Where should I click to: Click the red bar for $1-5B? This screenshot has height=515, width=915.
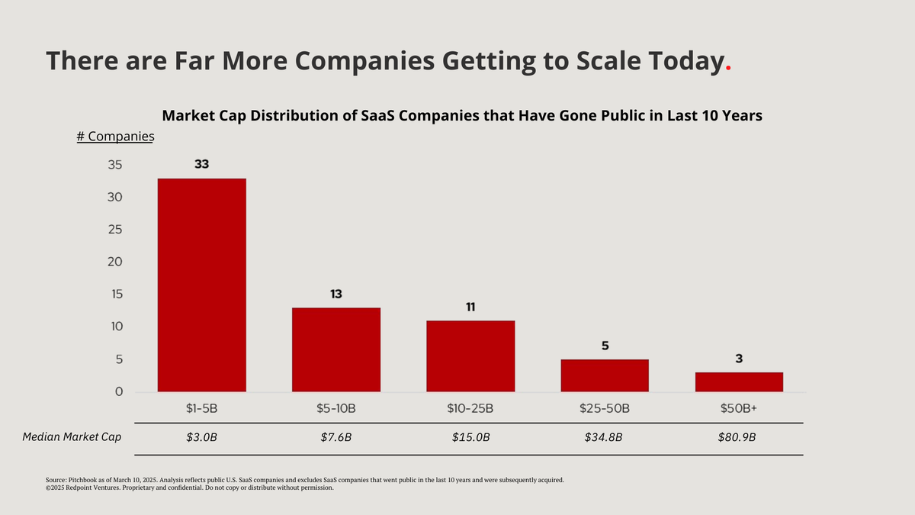201,285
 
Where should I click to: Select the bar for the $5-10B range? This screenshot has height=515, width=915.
336,349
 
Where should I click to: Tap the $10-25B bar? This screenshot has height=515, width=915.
470,356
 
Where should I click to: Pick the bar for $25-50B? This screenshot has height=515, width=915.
605,375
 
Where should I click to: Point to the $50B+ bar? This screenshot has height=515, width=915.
739,382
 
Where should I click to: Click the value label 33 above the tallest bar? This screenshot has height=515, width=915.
202,164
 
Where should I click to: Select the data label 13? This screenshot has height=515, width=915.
336,294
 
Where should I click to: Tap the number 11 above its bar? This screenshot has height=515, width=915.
470,307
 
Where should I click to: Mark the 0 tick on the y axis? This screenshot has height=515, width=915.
119,392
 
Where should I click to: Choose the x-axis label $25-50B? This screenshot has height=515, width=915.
605,408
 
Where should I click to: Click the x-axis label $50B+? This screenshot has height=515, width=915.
739,408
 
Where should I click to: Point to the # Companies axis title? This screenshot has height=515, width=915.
115,137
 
